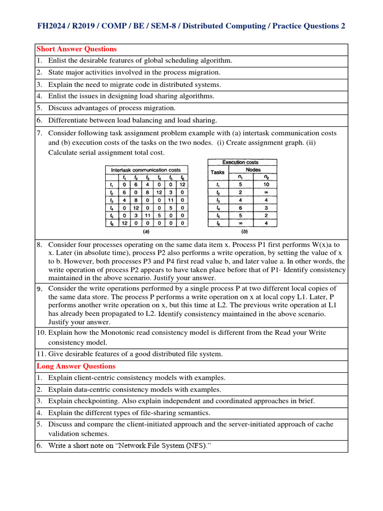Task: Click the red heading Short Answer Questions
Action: (x=77, y=49)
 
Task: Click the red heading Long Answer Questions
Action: (x=76, y=366)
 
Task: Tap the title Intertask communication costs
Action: (x=146, y=170)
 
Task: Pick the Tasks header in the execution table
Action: (x=217, y=172)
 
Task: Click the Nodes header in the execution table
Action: (x=253, y=170)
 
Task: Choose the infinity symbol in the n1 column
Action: (x=240, y=224)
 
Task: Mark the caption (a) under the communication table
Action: (x=146, y=232)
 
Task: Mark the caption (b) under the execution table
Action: (x=244, y=232)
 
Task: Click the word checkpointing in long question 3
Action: (x=93, y=401)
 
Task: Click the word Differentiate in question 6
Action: (x=69, y=120)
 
